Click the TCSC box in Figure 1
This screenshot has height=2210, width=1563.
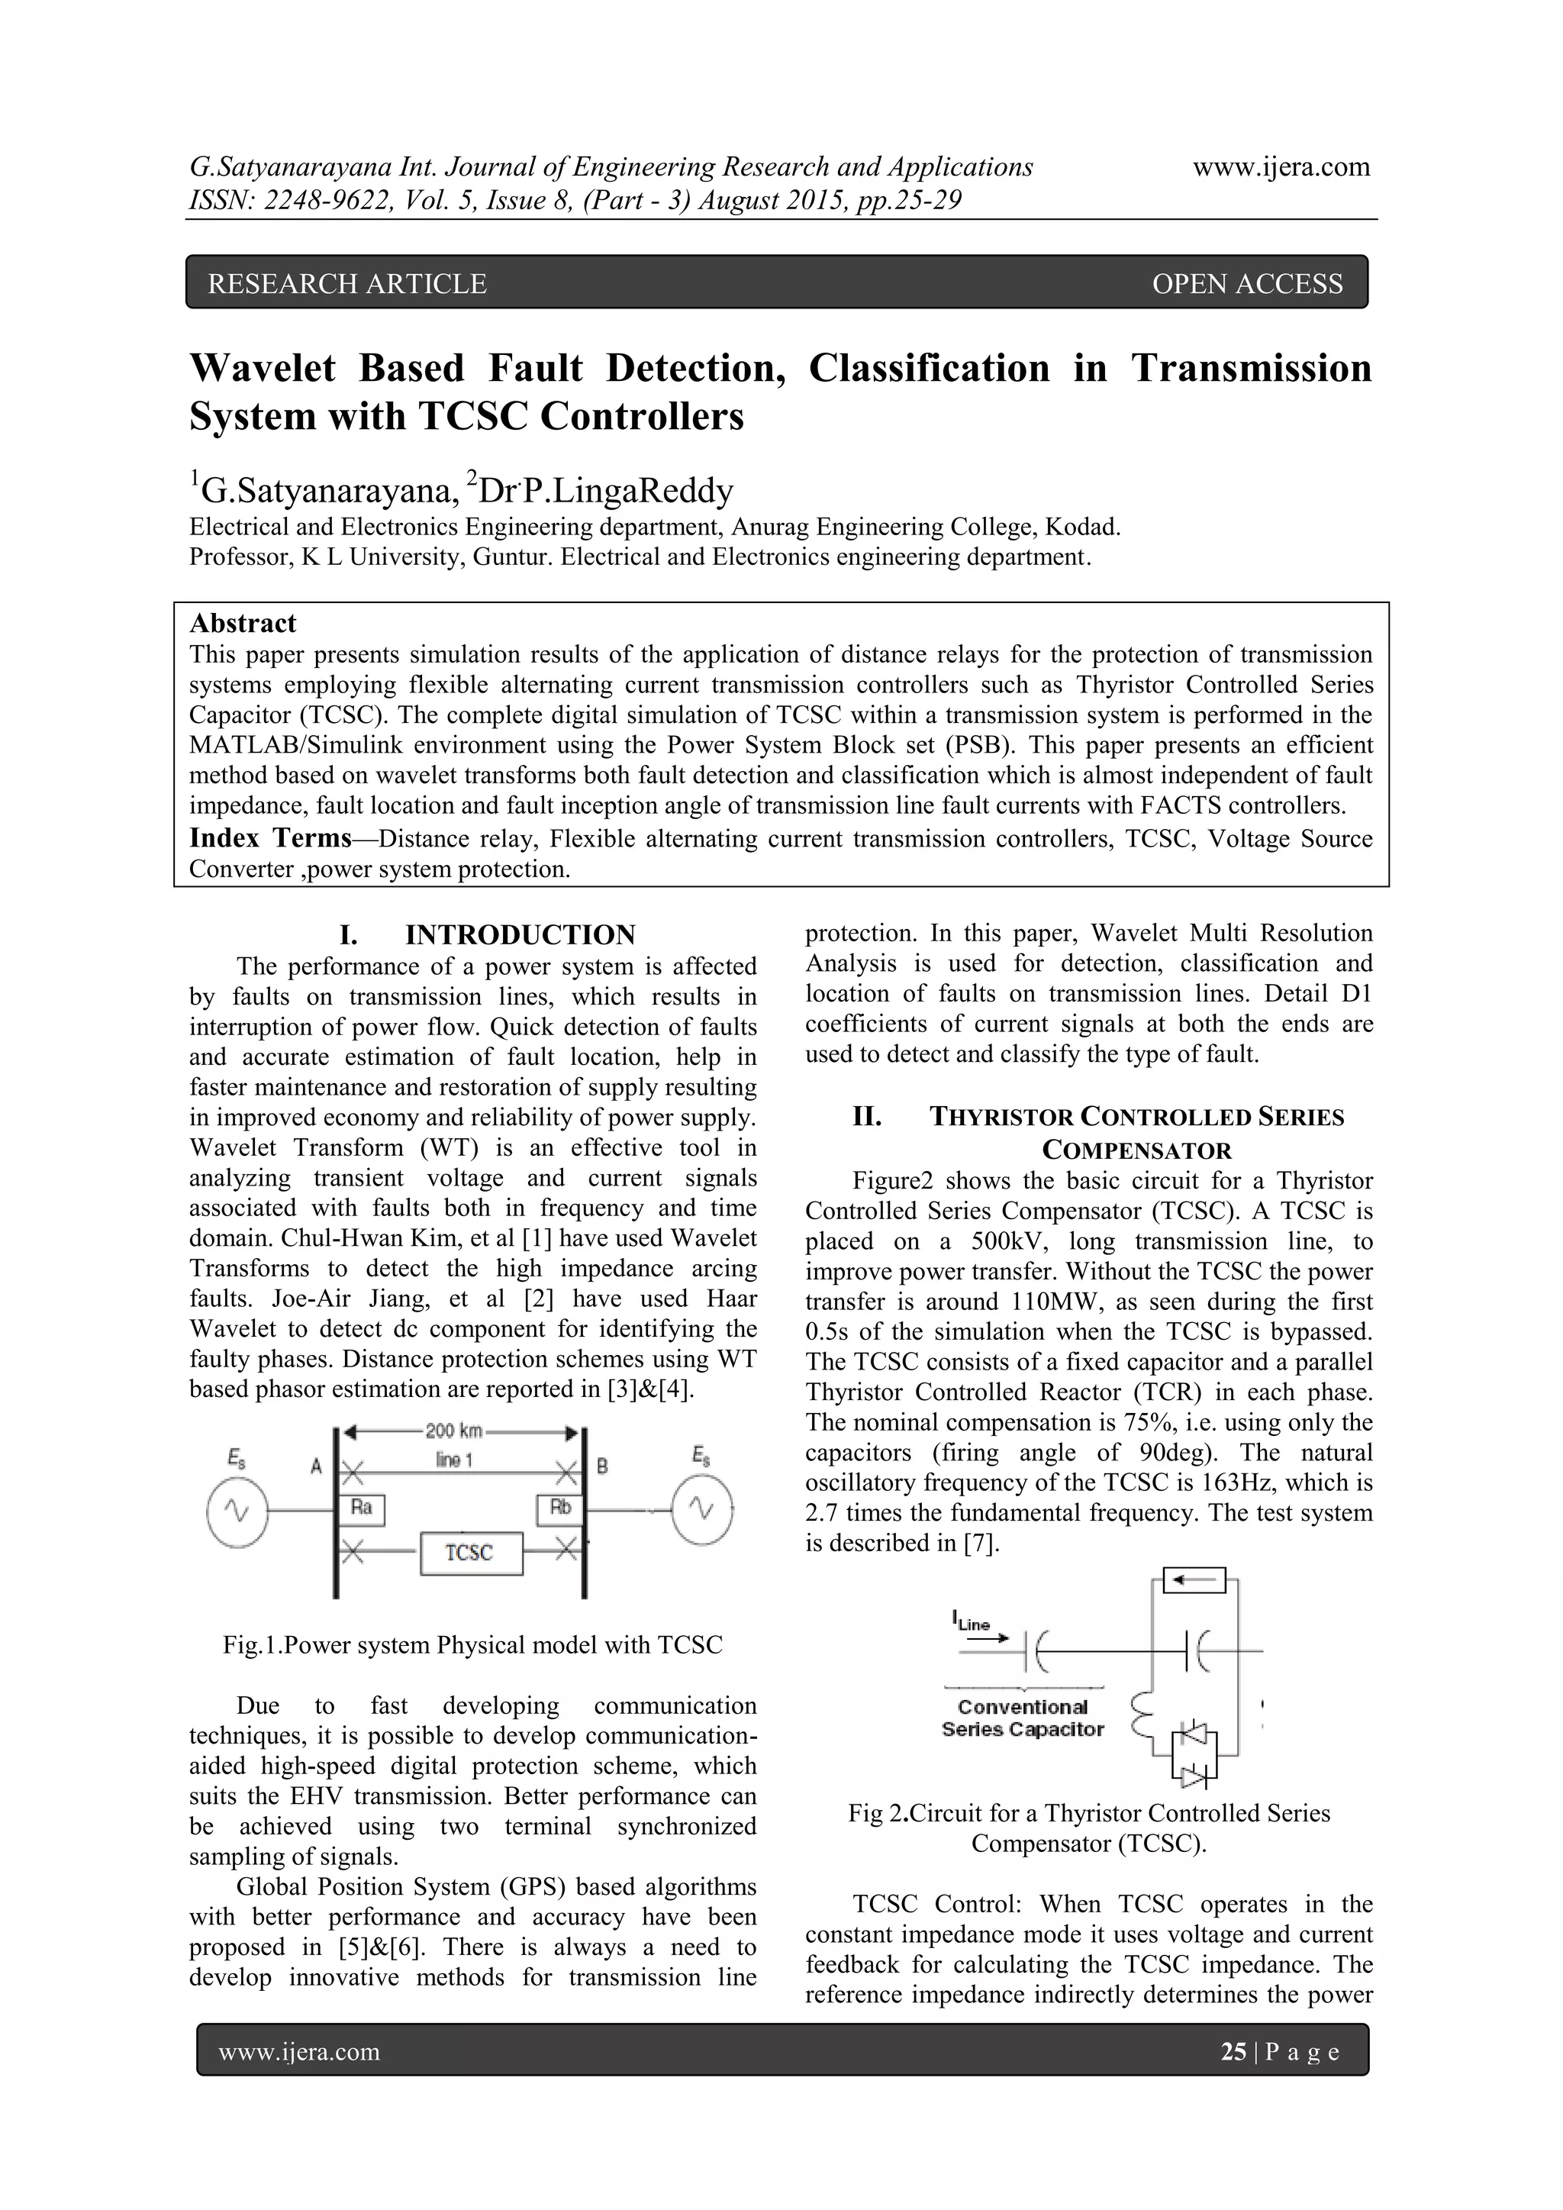471,1553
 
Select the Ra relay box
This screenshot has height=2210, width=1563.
361,1508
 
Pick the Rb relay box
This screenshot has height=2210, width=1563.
559,1508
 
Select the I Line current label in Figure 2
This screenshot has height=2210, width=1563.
972,1623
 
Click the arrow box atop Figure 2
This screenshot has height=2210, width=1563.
1194,1580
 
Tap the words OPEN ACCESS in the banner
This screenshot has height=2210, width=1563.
1246,284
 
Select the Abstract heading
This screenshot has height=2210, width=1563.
243,624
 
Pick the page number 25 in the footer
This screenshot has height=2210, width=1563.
1233,2052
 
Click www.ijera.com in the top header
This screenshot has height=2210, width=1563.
1281,167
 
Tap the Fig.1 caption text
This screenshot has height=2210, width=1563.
472,1645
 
